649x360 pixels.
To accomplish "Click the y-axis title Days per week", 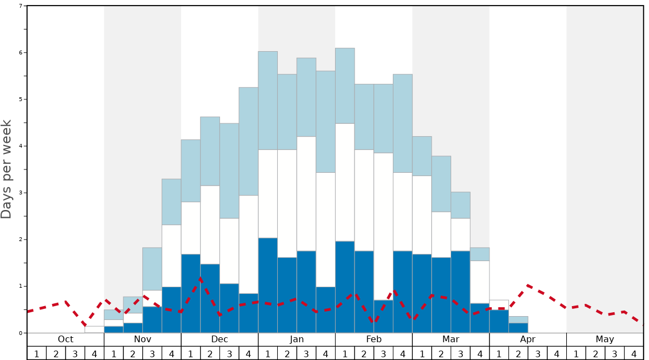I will (7, 169).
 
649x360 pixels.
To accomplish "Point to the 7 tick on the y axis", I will (21, 6).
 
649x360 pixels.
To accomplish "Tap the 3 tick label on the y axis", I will (21, 193).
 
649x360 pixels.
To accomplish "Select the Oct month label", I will (66, 339).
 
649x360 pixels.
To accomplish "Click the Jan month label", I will (297, 339).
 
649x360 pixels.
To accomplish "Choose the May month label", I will (605, 339).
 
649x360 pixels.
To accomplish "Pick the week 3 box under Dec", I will (229, 353).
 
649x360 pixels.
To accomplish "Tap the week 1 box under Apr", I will (499, 353).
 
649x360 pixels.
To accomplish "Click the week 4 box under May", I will (634, 353).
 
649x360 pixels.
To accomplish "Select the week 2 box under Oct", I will (56, 353).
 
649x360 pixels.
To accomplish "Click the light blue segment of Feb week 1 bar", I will (345, 86).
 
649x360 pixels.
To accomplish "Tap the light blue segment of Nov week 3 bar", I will (152, 269).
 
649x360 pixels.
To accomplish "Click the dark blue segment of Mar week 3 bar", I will (461, 292).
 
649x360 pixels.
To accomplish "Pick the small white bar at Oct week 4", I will (94, 329).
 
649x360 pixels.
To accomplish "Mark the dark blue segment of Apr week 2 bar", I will (518, 328).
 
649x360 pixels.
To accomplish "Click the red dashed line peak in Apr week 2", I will (527, 286).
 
